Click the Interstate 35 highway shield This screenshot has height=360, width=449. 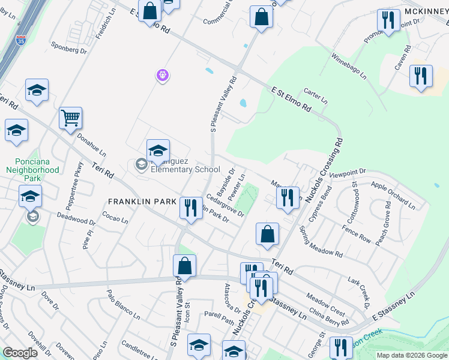click(21, 41)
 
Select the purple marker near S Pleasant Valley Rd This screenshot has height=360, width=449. click(163, 76)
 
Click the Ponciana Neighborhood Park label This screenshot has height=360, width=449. click(37, 170)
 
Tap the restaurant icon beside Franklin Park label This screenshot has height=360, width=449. click(190, 208)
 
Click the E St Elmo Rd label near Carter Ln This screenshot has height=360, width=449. click(291, 100)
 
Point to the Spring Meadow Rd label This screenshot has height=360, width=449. click(321, 242)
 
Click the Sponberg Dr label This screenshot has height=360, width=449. click(69, 47)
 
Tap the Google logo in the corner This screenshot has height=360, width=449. click(20, 353)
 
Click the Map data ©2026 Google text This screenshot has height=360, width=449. click(412, 355)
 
